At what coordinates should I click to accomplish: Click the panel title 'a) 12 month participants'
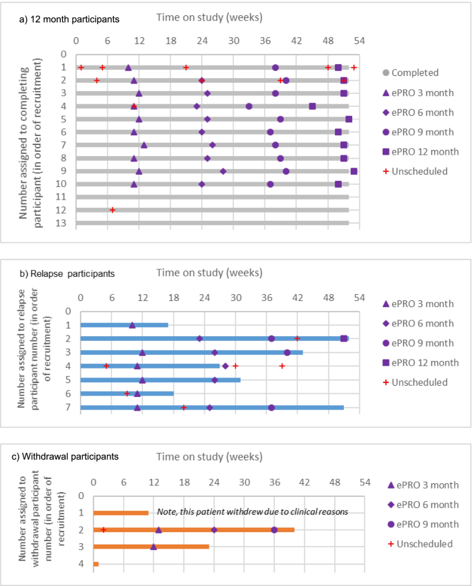[x=69, y=19]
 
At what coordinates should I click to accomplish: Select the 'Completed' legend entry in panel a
[x=414, y=72]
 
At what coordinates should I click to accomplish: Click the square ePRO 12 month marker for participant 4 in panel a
[x=313, y=106]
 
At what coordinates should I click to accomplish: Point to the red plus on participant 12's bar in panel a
[x=113, y=210]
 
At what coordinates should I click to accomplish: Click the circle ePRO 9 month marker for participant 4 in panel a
[x=249, y=106]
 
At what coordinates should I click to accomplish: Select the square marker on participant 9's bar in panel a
[x=354, y=171]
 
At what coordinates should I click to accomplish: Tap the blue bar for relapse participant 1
[x=124, y=325]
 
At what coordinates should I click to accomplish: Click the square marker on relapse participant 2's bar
[x=344, y=338]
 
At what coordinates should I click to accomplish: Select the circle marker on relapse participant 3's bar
[x=287, y=353]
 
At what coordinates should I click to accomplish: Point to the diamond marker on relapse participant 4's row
[x=226, y=366]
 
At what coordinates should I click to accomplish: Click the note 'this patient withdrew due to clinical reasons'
[x=252, y=511]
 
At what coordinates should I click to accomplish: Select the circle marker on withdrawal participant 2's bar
[x=274, y=530]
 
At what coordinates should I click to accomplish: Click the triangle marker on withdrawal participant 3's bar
[x=153, y=547]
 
